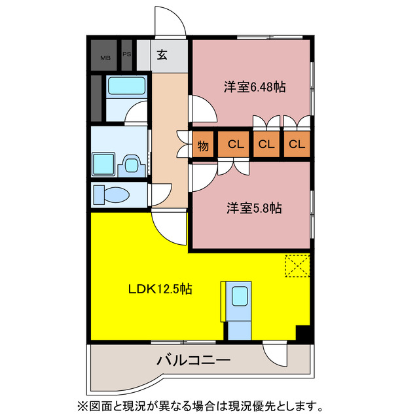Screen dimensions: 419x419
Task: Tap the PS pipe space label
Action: (127, 54)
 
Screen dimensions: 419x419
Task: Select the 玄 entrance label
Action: (162, 55)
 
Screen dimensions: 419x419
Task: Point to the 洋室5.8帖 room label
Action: (255, 209)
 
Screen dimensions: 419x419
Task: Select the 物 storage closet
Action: (204, 145)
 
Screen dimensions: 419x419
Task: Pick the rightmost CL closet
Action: (297, 145)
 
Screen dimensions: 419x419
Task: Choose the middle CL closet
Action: (266, 145)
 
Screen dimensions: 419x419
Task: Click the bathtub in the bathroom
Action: (126, 86)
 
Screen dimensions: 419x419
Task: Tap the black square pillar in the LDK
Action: (302, 333)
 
